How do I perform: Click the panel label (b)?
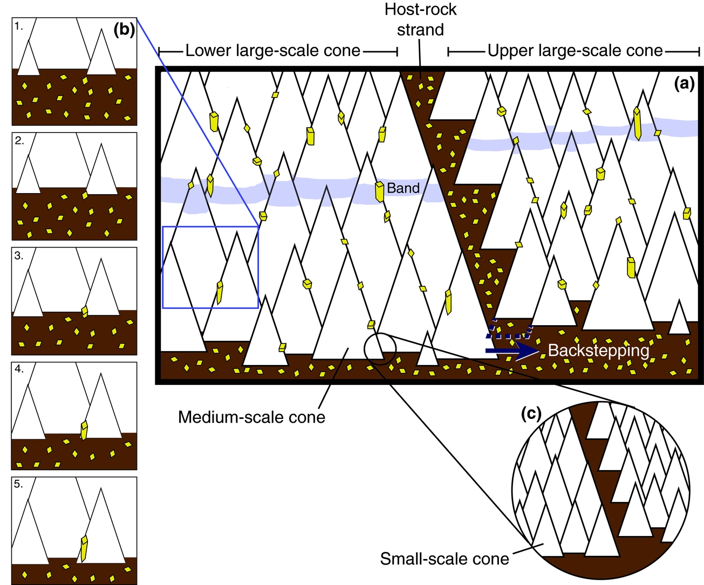pos(124,30)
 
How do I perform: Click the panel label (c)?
pos(531,414)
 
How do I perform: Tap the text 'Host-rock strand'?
pos(420,19)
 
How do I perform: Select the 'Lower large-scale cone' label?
pos(272,51)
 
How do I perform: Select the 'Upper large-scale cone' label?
pos(575,51)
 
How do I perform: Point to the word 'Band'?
pos(403,188)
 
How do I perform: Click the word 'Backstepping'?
pos(598,350)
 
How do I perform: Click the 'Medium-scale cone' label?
pos(251,417)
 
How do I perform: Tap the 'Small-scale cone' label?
pos(444,559)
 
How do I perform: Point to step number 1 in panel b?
pos(19,26)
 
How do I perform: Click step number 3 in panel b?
pos(19,256)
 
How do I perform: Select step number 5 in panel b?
pos(19,484)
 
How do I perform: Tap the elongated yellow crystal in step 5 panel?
pos(84,548)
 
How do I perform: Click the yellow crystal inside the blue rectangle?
pos(220,292)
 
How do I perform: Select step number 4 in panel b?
pos(19,369)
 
